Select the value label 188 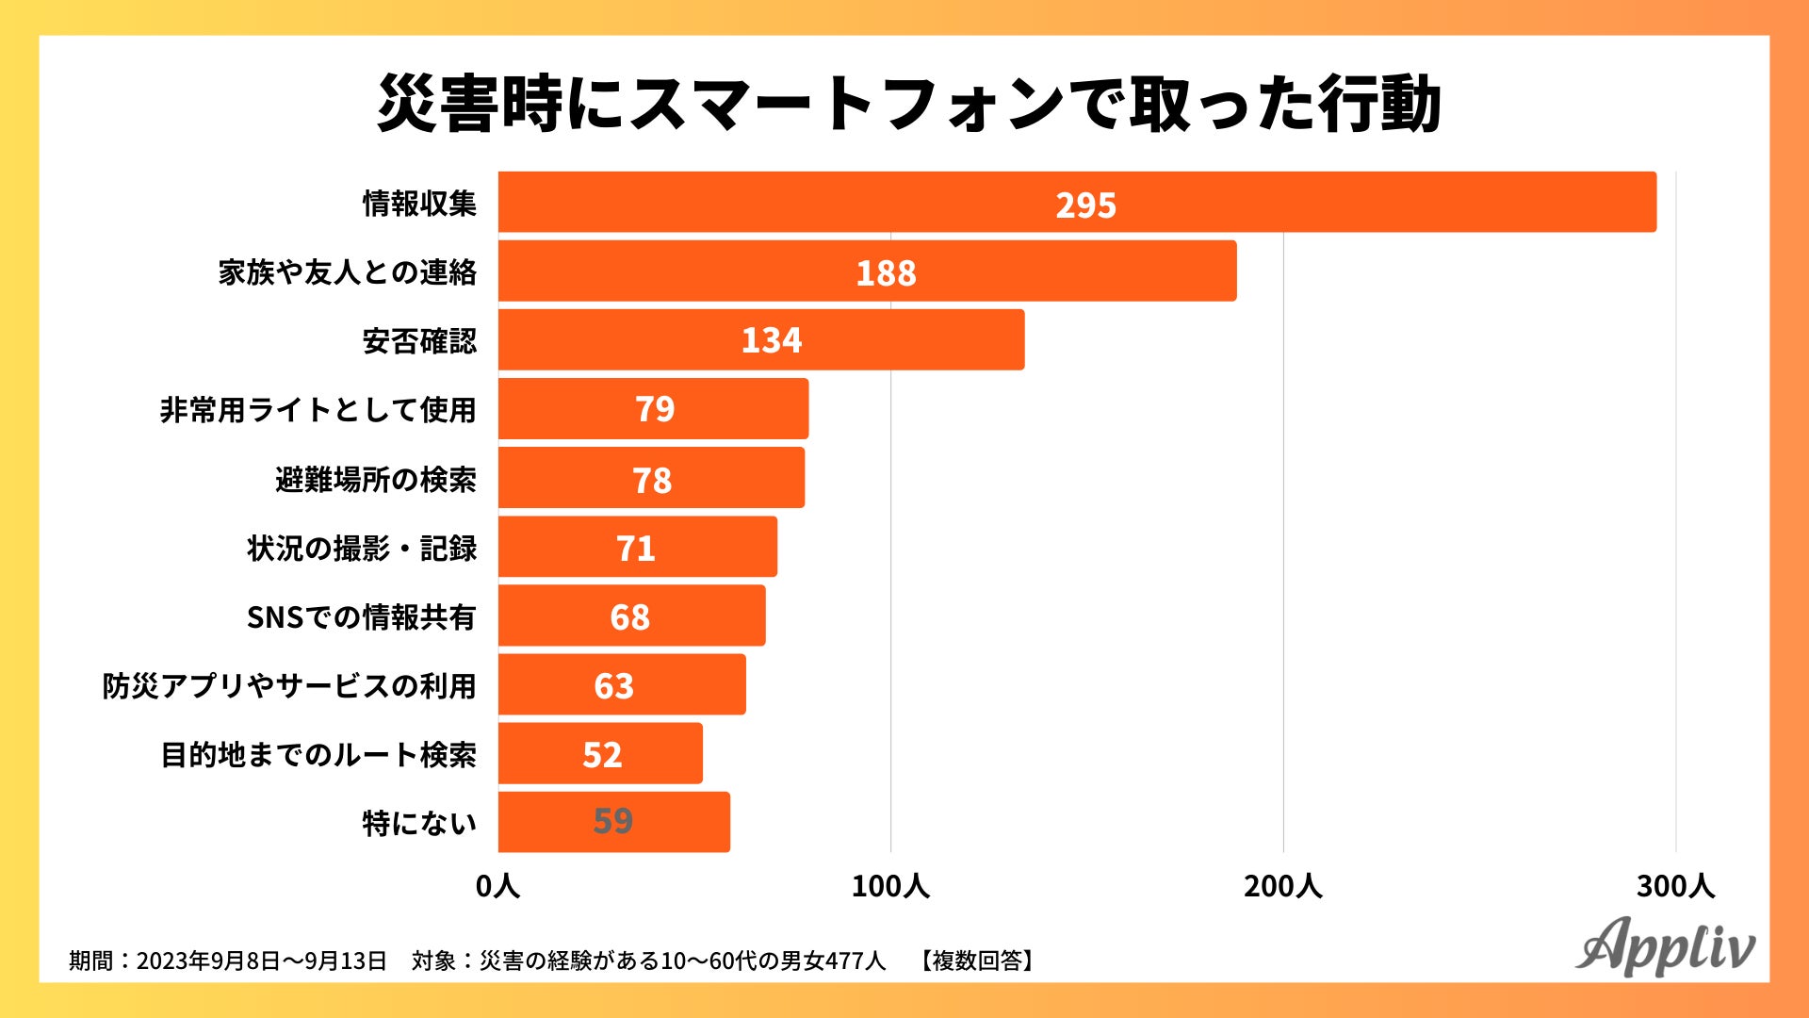tap(886, 272)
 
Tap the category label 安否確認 tap(419, 340)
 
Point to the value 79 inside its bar tap(655, 409)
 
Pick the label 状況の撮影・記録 tap(362, 548)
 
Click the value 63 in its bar tap(613, 685)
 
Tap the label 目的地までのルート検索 tap(318, 754)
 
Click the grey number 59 tap(612, 821)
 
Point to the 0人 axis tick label tap(497, 886)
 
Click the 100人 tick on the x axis tap(890, 886)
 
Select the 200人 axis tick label tap(1282, 886)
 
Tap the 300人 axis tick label tap(1675, 886)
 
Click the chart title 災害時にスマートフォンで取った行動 tap(908, 104)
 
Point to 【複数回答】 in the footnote tap(978, 961)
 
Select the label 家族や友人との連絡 tap(348, 271)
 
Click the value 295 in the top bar tap(1085, 205)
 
